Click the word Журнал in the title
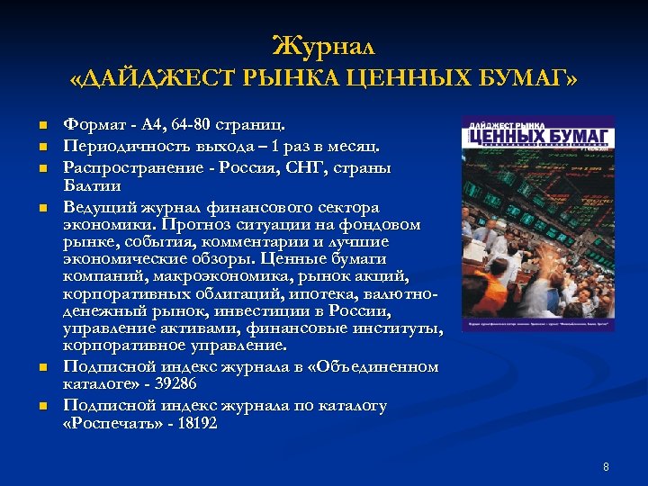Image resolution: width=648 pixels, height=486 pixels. (x=323, y=44)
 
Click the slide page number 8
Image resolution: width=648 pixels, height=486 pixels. (x=606, y=466)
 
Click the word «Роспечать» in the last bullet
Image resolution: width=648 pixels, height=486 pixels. (x=108, y=422)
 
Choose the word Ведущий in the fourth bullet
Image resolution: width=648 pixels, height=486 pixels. (x=98, y=207)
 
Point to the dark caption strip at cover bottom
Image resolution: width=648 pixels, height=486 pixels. (x=538, y=322)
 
